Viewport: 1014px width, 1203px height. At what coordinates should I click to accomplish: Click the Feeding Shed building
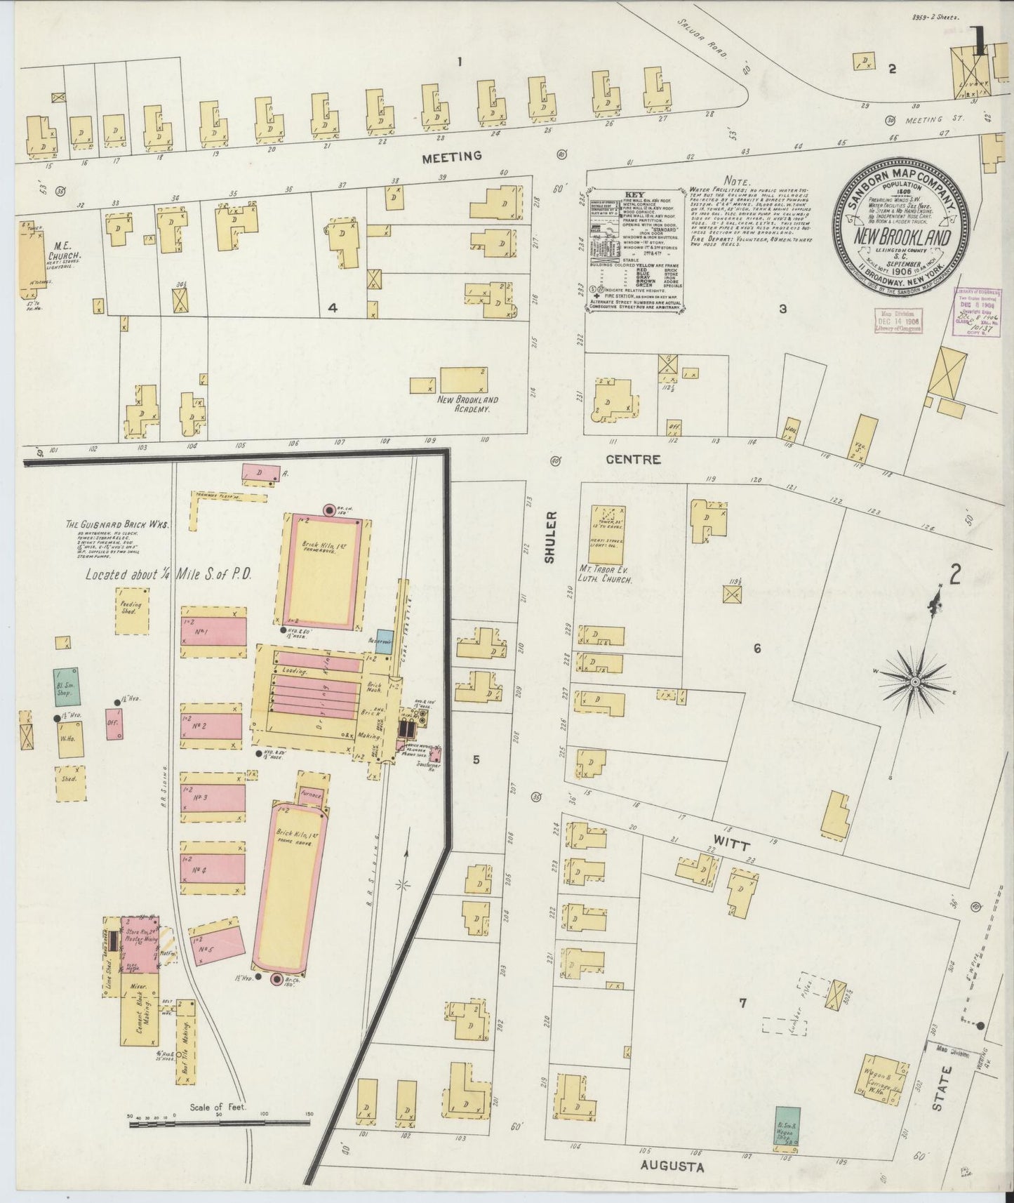[x=132, y=608]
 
